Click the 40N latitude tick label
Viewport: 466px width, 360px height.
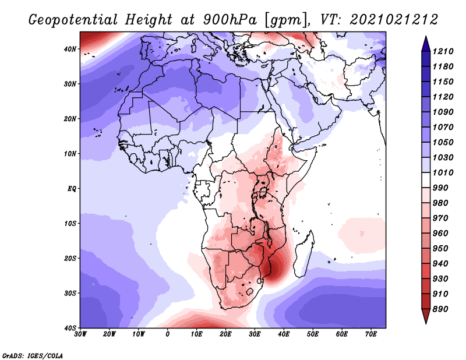[x=70, y=49]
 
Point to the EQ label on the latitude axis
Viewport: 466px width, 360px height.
[x=72, y=189]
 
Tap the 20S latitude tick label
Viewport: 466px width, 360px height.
[x=70, y=258]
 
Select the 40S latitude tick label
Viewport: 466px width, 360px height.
[x=70, y=328]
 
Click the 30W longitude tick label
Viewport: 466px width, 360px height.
[x=80, y=334]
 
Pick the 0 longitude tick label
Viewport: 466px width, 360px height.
[x=168, y=334]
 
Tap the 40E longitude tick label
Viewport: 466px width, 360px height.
[x=284, y=334]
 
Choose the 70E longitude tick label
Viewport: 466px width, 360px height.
[x=371, y=334]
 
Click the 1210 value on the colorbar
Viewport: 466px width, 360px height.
[x=443, y=51]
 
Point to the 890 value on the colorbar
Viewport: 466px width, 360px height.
[x=440, y=309]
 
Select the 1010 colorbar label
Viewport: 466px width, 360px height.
[x=443, y=172]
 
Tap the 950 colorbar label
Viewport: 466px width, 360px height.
[x=440, y=249]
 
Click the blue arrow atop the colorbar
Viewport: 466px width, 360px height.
[x=426, y=44]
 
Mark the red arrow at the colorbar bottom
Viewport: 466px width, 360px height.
[x=426, y=316]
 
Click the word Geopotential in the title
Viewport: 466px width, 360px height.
[x=73, y=20]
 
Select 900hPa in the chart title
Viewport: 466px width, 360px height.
[x=230, y=20]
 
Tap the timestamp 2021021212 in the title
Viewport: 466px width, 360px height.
[x=394, y=20]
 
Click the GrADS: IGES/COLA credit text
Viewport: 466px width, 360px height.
[x=33, y=356]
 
